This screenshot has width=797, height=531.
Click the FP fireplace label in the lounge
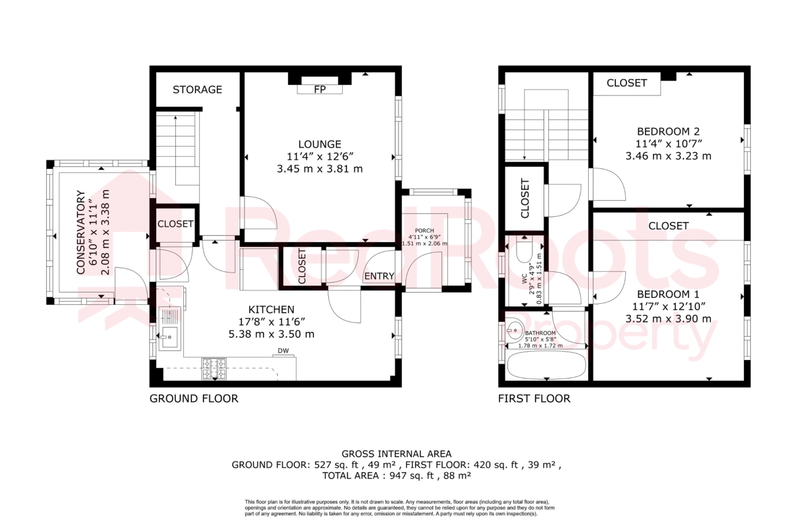point(320,89)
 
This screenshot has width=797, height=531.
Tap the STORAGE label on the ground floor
point(197,89)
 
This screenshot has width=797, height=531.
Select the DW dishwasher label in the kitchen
point(283,350)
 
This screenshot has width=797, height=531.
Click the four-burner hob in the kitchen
point(214,368)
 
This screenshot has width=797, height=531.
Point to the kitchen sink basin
point(170,337)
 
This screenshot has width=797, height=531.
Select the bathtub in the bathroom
point(546,365)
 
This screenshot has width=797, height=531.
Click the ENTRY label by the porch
point(379,276)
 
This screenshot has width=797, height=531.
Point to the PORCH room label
point(424,230)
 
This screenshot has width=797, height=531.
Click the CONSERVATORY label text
point(81,232)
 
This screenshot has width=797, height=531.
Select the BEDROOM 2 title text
point(668,131)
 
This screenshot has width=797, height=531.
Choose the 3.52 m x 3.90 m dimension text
point(668,319)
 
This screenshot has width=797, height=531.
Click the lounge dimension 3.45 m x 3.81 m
point(320,169)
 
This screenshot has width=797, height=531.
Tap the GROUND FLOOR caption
point(194,398)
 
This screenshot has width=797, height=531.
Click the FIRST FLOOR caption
point(534,398)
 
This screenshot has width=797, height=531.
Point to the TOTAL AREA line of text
point(397,475)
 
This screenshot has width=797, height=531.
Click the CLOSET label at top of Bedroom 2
point(627,83)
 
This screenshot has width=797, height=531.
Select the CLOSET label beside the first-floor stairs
point(525,198)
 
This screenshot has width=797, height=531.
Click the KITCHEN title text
point(271,310)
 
